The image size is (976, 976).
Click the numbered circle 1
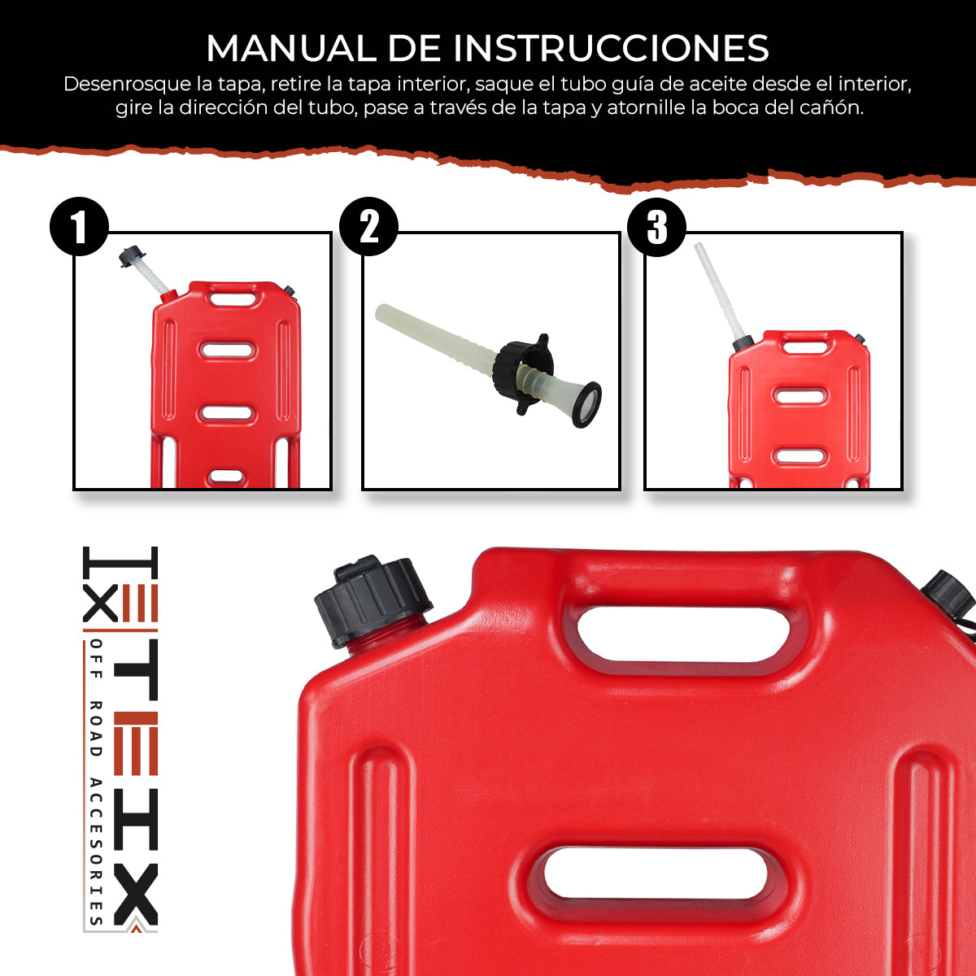coord(79,226)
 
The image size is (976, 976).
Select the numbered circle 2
coord(368,226)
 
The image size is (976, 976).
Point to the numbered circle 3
coord(656,226)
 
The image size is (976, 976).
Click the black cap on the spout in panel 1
coord(129,257)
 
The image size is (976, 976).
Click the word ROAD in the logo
coord(96,729)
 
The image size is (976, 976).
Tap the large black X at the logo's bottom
coord(135,895)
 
